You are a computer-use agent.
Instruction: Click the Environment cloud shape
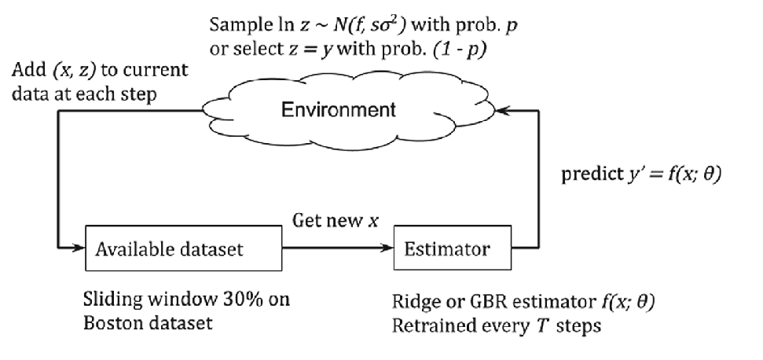coord(338,110)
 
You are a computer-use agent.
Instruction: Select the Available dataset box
coord(180,249)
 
